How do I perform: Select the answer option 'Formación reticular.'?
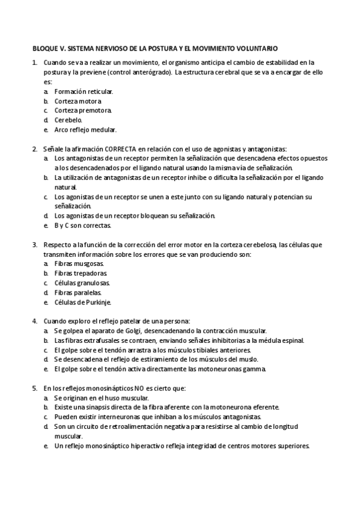84,91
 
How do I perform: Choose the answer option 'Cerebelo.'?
70,120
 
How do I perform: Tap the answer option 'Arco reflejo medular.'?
85,130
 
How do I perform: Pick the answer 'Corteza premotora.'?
84,111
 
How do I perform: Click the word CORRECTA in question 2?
121,149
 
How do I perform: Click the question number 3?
35,245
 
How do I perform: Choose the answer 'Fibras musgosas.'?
79,264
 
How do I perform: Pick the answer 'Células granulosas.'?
82,283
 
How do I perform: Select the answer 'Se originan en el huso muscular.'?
101,398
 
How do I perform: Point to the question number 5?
35,389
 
